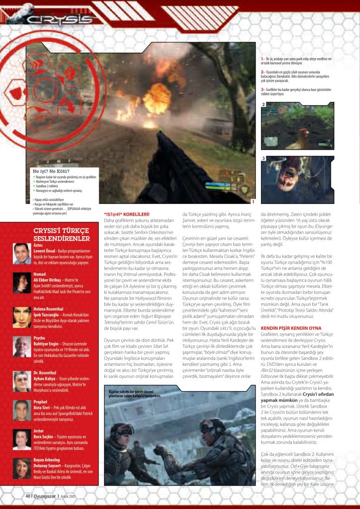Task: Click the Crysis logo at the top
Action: [60, 20]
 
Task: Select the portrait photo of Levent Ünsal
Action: [22, 254]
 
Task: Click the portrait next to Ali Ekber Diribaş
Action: [22, 283]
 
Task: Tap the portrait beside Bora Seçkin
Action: [22, 439]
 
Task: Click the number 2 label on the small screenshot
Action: [264, 105]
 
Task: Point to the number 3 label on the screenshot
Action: [264, 159]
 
